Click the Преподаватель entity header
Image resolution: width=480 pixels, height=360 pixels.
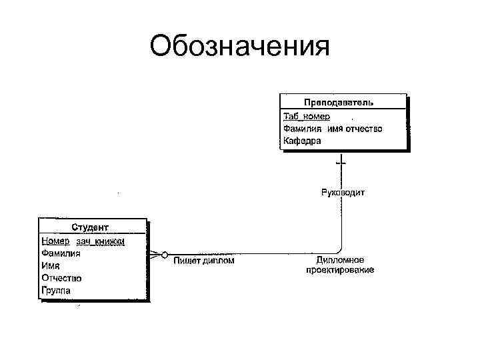(x=339, y=102)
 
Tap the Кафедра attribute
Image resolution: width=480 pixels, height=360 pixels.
(x=301, y=141)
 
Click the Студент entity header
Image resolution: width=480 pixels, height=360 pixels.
(x=91, y=228)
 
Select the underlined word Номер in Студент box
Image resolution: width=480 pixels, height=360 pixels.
(x=55, y=241)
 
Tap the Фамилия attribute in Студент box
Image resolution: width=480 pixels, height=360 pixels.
(x=61, y=253)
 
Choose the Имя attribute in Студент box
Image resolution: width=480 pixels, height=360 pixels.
(x=51, y=265)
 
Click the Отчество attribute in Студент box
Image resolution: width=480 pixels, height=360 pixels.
(x=61, y=277)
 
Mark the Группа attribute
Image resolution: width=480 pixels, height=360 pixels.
(x=56, y=290)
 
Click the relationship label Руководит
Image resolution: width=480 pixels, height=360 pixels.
(x=343, y=193)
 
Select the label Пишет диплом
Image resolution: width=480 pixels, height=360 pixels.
(x=204, y=261)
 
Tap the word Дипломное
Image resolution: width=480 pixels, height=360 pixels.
(x=340, y=259)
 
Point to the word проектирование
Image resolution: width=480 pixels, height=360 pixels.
(x=340, y=270)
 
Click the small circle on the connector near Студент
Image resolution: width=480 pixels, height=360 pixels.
(x=164, y=254)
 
